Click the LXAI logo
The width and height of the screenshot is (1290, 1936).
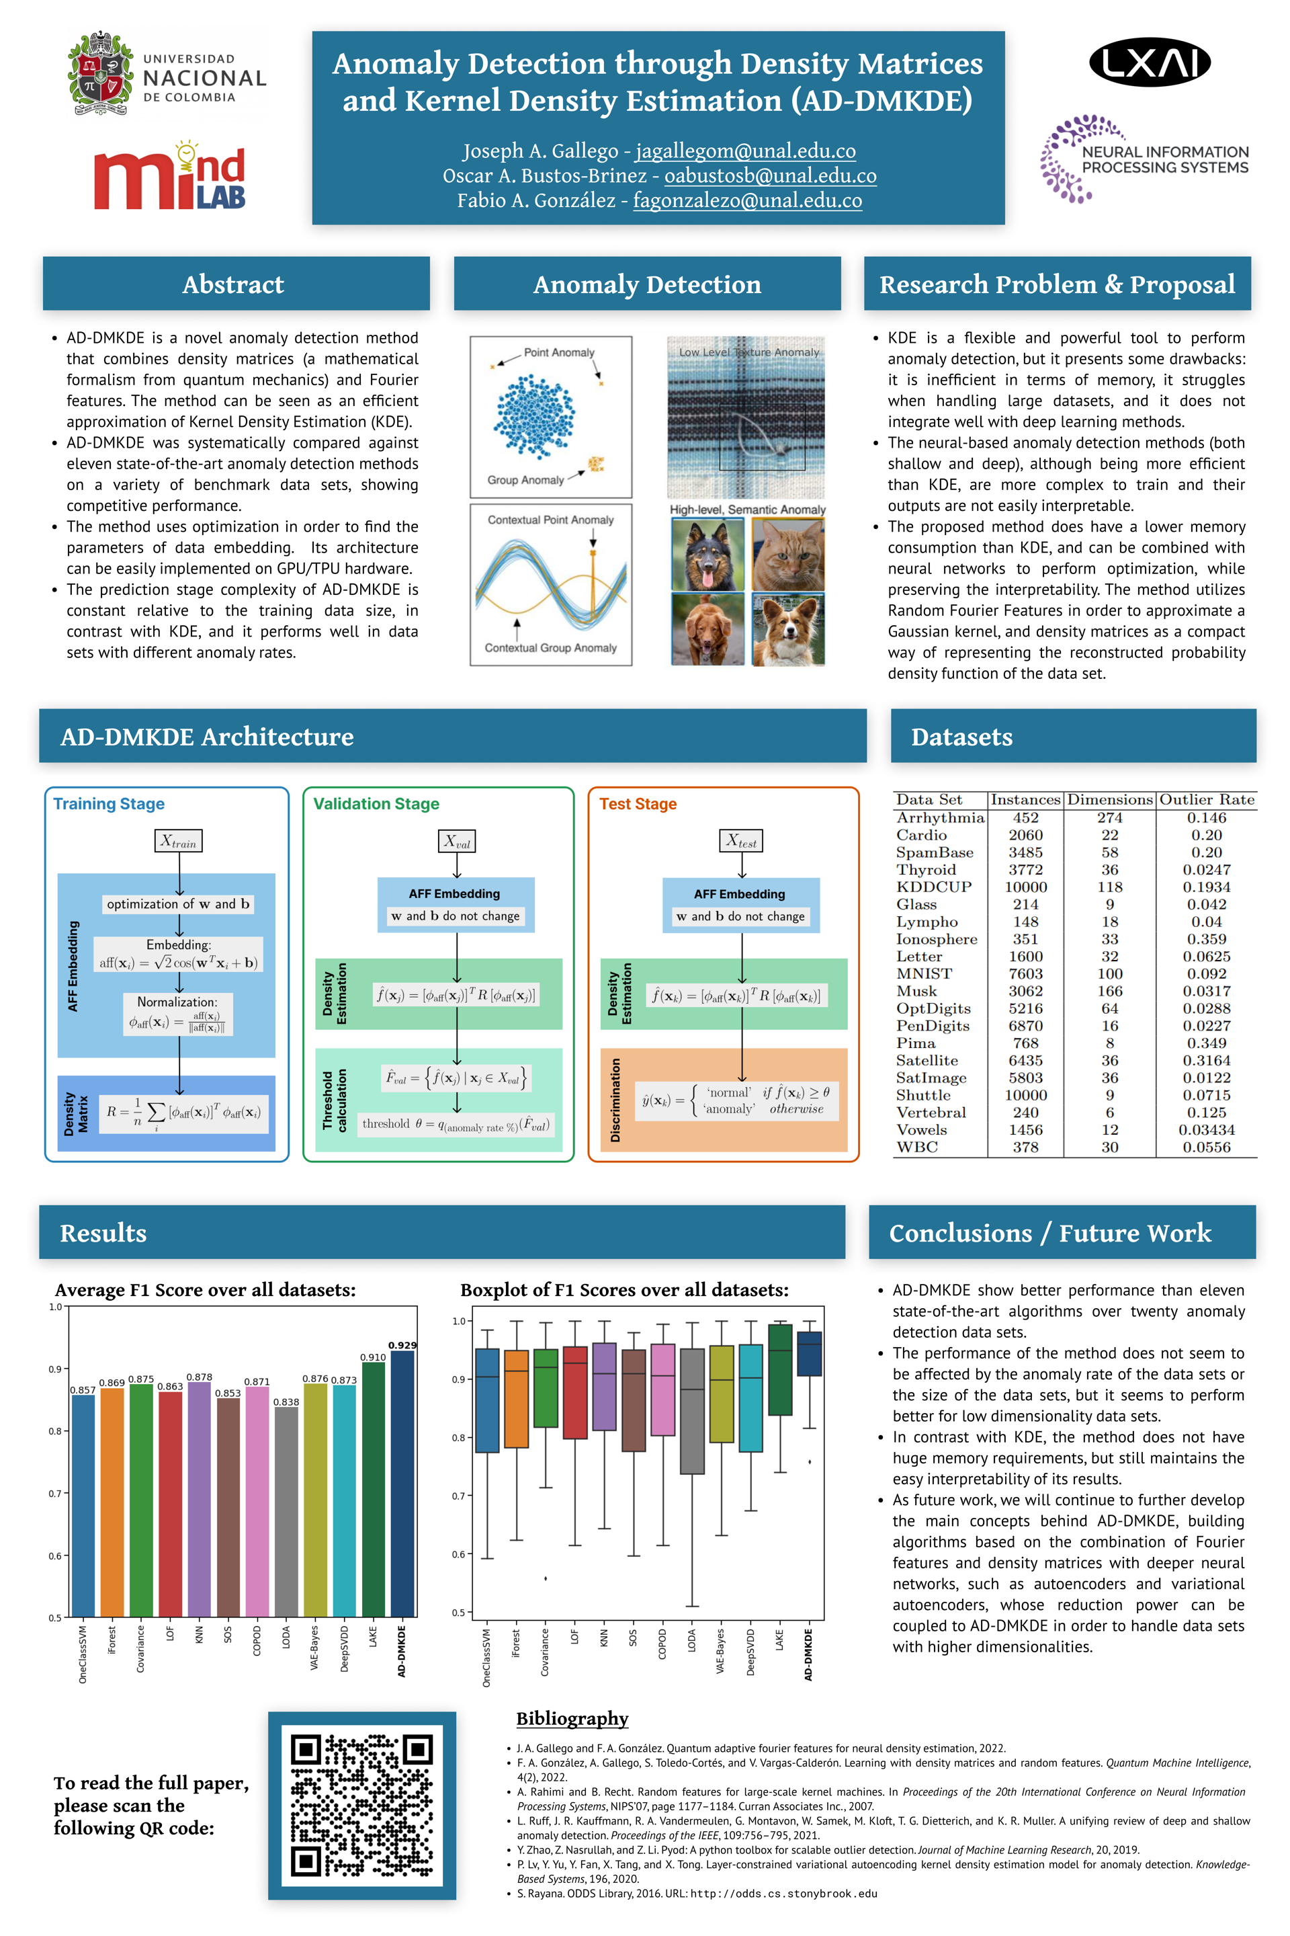pos(1150,62)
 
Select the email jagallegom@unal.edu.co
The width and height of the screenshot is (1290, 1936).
pos(745,151)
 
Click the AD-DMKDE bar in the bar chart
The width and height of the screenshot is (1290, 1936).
pos(402,1482)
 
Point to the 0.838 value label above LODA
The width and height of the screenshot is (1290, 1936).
pos(286,1402)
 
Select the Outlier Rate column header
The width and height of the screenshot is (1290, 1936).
pos(1207,799)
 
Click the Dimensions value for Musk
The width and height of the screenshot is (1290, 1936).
pos(1110,991)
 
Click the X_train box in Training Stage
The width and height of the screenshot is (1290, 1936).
pos(179,841)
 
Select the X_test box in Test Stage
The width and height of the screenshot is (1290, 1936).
pos(741,841)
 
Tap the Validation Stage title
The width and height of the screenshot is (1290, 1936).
pos(376,803)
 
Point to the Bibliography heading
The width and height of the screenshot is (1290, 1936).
pos(572,1719)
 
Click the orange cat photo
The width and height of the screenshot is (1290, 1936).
pos(788,554)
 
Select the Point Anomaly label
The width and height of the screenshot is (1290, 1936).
pos(560,352)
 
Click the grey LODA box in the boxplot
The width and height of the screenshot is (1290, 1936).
pos(692,1411)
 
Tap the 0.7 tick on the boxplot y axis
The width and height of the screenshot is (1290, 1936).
pos(459,1496)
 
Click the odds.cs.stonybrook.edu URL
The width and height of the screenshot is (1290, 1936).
pos(783,1893)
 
